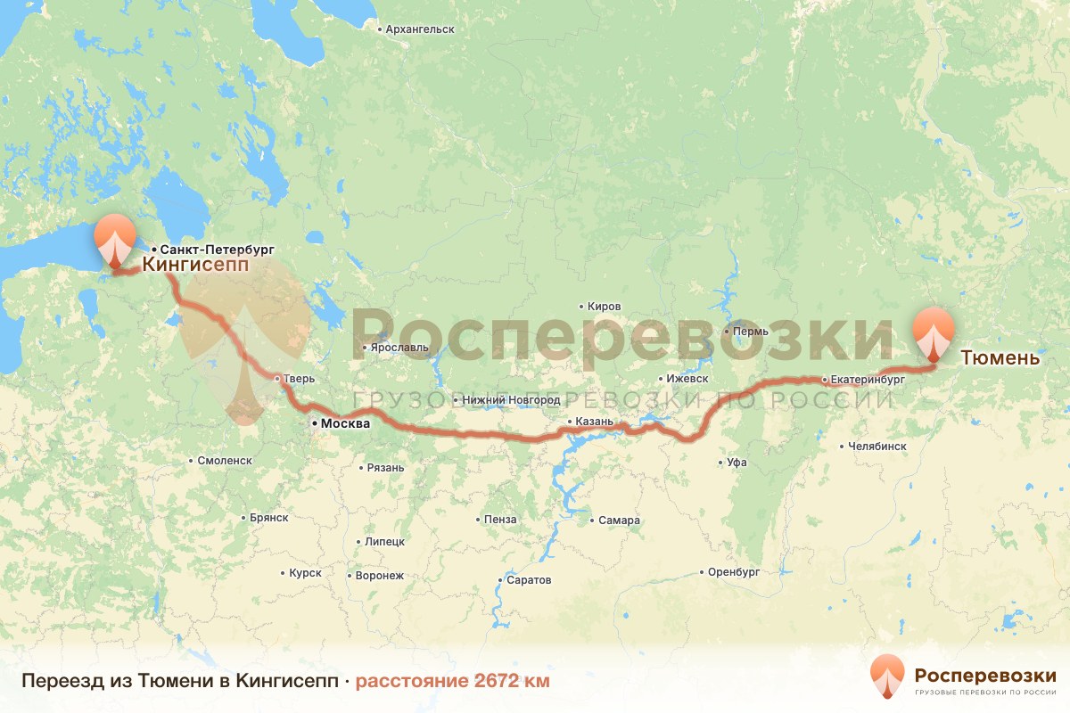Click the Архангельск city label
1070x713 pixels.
tap(420, 29)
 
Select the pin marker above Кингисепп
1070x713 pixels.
tap(116, 239)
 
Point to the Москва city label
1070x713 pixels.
tap(343, 425)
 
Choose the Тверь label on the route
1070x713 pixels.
tap(299, 379)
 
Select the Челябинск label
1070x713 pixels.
tap(877, 446)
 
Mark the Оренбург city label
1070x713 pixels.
tap(733, 571)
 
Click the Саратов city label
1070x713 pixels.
tap(529, 580)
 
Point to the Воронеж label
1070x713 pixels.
tap(379, 576)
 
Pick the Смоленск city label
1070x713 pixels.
tap(223, 461)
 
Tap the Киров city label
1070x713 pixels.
tap(604, 306)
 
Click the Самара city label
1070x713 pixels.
tap(620, 520)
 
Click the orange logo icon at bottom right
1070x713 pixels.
tap(887, 676)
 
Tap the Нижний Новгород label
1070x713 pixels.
tap(511, 400)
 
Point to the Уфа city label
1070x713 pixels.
tap(737, 463)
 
